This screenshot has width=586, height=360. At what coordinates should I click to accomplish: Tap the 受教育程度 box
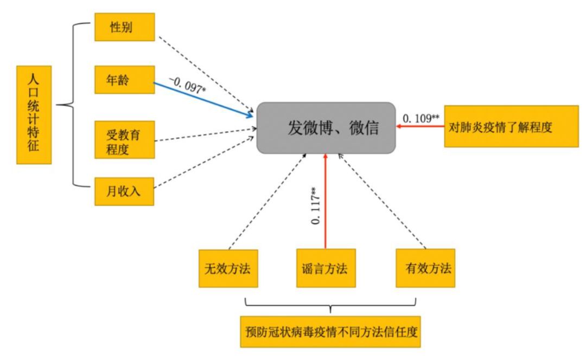[124, 140]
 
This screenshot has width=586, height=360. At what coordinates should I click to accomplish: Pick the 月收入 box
[124, 191]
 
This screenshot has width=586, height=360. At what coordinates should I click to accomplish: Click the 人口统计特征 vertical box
[34, 115]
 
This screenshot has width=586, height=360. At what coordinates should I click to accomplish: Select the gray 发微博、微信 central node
[326, 127]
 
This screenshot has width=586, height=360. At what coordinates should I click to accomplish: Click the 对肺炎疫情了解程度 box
[511, 126]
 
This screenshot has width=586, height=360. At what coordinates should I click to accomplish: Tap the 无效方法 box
[228, 268]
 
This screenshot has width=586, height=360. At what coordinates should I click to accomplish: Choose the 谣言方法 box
[326, 268]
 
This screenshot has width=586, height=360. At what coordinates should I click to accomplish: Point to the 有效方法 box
[425, 268]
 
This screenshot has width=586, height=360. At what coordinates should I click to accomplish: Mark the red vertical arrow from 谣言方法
[326, 201]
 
